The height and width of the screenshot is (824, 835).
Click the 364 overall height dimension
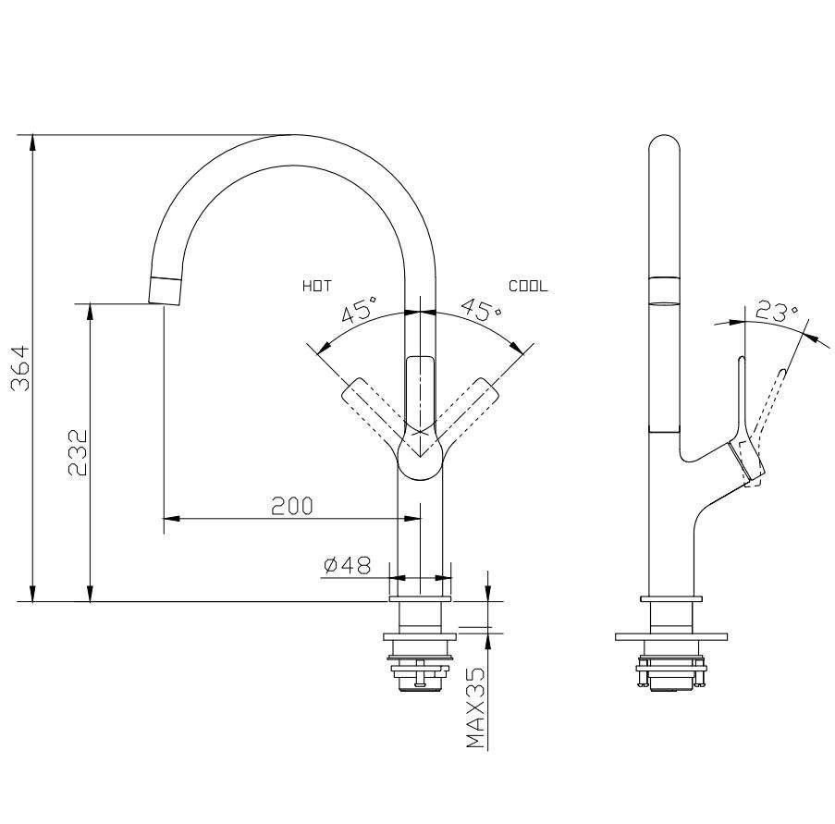[x=21, y=368]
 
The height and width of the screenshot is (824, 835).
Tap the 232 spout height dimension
[x=79, y=451]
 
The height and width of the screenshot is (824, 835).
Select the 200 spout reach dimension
[x=291, y=506]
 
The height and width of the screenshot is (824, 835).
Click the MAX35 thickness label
[x=475, y=708]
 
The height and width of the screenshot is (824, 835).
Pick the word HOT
[x=316, y=287]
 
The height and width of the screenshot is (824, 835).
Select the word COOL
[x=528, y=287]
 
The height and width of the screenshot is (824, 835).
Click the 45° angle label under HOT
[x=360, y=311]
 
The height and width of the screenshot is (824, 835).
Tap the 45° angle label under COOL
[x=482, y=311]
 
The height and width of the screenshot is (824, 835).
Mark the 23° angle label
[x=775, y=312]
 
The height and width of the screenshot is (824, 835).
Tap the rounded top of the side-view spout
[x=664, y=148]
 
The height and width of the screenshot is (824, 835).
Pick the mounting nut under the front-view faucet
[x=421, y=673]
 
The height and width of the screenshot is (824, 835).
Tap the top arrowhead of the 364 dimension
[x=33, y=141]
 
